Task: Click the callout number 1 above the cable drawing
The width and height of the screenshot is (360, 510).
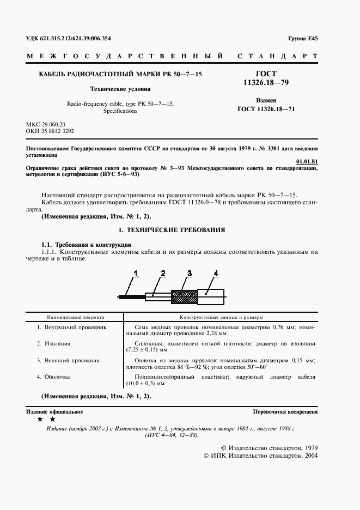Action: pyautogui.click(x=137, y=272)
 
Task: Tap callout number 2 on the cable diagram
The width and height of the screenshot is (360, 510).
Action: pyautogui.click(x=163, y=272)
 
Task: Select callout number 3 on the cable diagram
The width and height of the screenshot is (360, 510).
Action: pyautogui.click(x=189, y=272)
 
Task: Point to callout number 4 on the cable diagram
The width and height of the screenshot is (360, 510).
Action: pyautogui.click(x=216, y=272)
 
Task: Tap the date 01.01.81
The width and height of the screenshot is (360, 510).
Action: pyautogui.click(x=307, y=161)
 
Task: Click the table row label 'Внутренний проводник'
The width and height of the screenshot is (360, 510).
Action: pyautogui.click(x=72, y=327)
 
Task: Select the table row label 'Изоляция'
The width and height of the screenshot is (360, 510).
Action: pyautogui.click(x=54, y=344)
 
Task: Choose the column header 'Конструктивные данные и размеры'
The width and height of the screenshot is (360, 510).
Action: pyautogui.click(x=221, y=317)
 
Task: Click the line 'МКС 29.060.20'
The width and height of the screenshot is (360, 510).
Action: pyautogui.click(x=46, y=124)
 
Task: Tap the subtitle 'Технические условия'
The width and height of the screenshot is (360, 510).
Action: pyautogui.click(x=120, y=89)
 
